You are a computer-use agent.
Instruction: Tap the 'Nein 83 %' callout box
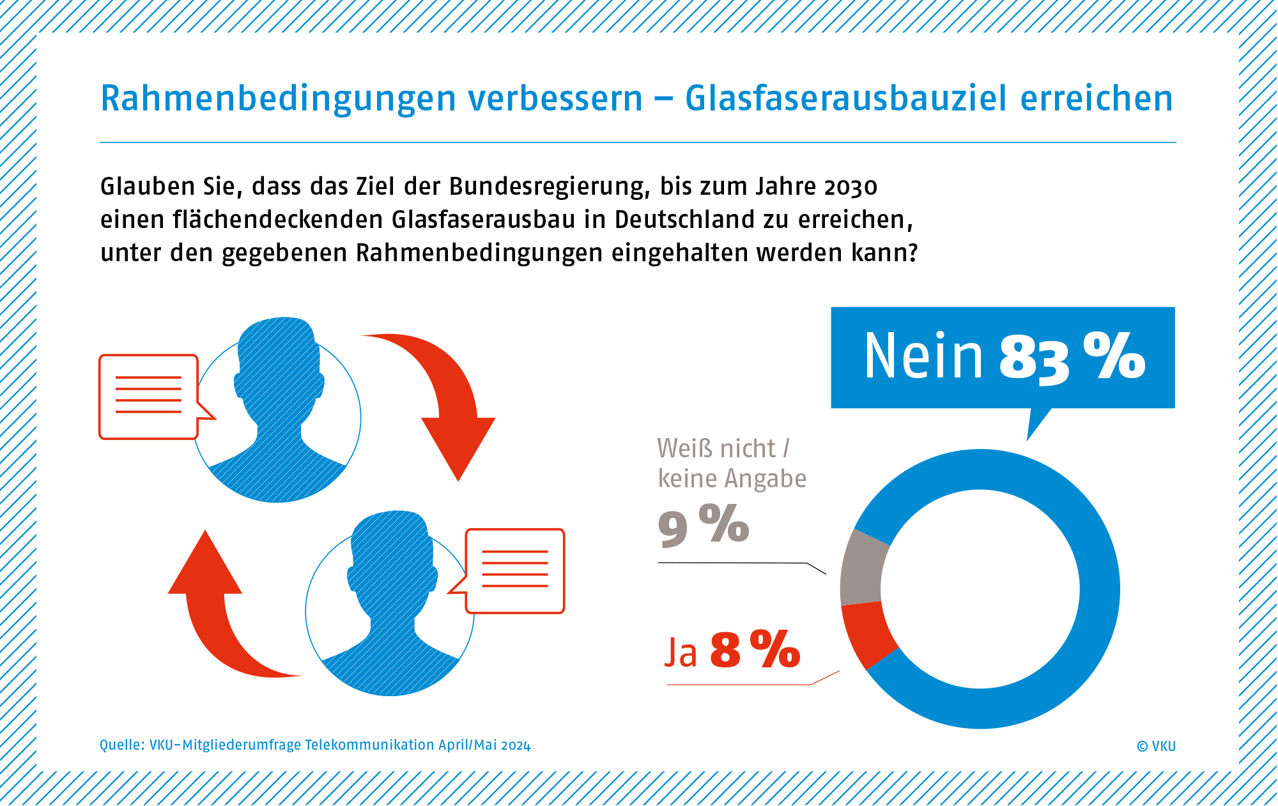[x=1002, y=357]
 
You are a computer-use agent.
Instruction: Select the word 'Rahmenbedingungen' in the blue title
[x=278, y=99]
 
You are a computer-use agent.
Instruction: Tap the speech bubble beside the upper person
[x=149, y=397]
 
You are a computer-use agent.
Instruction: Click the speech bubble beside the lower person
[x=515, y=570]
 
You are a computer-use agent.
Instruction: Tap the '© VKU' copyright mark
[x=1156, y=746]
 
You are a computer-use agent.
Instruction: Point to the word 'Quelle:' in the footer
[x=122, y=745]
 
